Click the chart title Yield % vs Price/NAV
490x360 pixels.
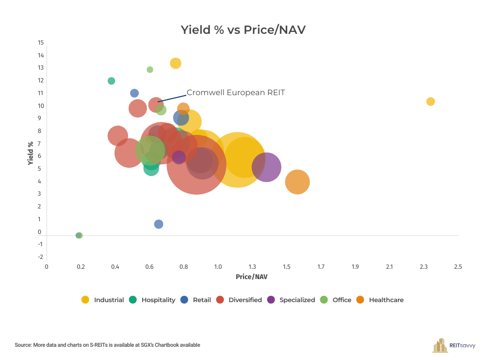click(x=243, y=30)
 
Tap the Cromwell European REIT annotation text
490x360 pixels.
click(x=236, y=92)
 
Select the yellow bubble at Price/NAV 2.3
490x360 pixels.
click(x=430, y=102)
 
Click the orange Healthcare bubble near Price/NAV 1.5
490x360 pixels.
click(x=297, y=182)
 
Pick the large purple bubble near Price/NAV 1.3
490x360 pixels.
click(x=266, y=167)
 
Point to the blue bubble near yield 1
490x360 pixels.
click(x=158, y=224)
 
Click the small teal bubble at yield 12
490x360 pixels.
click(x=111, y=81)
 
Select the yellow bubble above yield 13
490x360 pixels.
click(x=175, y=63)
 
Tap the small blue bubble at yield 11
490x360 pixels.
click(x=134, y=93)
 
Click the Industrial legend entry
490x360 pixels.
click(x=103, y=300)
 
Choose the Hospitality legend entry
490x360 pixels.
click(x=152, y=300)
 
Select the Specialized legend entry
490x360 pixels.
click(x=292, y=300)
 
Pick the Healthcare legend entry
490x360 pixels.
click(x=380, y=300)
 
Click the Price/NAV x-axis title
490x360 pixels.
click(x=251, y=277)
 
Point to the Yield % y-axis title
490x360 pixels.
click(x=30, y=153)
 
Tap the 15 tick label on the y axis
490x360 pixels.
click(x=41, y=42)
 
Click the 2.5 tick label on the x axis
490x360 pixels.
click(x=458, y=267)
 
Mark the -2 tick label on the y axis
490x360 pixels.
click(x=41, y=257)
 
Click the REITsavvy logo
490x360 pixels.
click(x=454, y=345)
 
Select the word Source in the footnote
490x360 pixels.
click(x=23, y=345)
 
